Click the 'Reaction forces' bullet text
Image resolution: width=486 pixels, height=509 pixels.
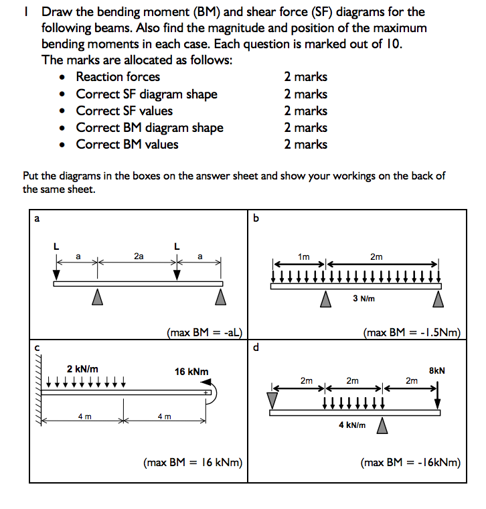(118, 77)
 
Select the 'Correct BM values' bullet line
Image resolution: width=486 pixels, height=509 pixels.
(127, 145)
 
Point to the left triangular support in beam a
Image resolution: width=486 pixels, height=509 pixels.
(98, 295)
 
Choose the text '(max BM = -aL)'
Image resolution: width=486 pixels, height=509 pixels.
(204, 332)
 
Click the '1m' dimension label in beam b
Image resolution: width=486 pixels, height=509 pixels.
(304, 256)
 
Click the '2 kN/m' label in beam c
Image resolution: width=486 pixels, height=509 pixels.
(82, 368)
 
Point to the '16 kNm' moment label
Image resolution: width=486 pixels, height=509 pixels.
(191, 371)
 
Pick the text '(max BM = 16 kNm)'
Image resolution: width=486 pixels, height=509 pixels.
(193, 462)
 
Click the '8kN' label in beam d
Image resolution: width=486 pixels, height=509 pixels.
(436, 370)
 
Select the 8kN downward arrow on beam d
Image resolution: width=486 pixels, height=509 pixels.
(438, 394)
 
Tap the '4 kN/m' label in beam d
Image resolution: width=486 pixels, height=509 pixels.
(352, 425)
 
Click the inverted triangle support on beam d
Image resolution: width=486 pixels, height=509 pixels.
(271, 399)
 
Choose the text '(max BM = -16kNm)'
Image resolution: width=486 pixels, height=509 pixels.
(410, 462)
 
